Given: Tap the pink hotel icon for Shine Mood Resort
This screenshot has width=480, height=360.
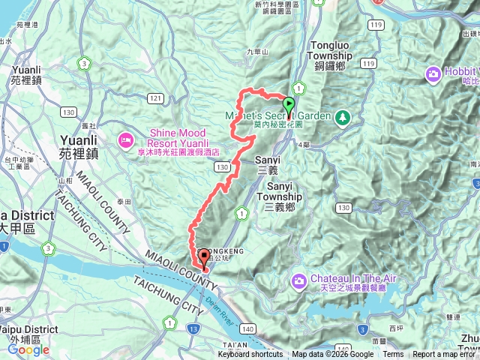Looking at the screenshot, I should pyautogui.click(x=125, y=139).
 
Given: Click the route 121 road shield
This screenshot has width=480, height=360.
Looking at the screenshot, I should pyautogui.click(x=155, y=98).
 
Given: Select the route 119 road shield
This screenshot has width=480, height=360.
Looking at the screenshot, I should pyautogui.click(x=368, y=65).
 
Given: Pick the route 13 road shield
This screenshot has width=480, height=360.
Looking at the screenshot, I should pyautogui.click(x=193, y=328).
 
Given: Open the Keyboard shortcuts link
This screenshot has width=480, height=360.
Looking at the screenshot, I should pyautogui.click(x=250, y=355).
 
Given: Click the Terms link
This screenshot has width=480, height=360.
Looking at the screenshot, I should pyautogui.click(x=393, y=355).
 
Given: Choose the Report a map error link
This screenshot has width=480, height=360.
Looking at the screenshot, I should pyautogui.click(x=445, y=355).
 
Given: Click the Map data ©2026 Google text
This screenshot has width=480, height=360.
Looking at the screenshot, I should pyautogui.click(x=332, y=355).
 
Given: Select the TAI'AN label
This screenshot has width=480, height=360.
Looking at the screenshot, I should pyautogui.click(x=235, y=344).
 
